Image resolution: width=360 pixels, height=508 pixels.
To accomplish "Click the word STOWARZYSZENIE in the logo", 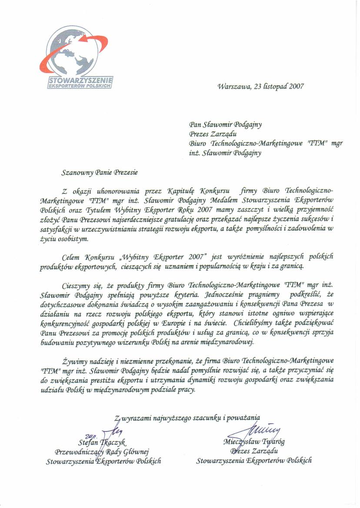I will coord(81,80).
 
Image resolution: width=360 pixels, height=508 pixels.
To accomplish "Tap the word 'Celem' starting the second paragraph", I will coord(72,256).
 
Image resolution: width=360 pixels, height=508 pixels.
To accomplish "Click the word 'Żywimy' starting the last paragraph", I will coord(75,361).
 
